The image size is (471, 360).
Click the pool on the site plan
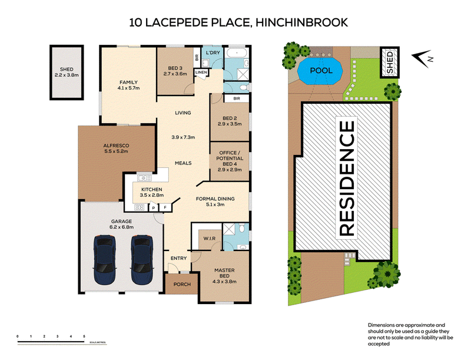coord(320,71)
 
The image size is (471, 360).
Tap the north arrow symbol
coord(423,58)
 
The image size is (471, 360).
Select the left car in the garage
coord(105,260)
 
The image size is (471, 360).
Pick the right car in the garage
coord(142,260)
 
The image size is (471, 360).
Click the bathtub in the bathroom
coord(237,54)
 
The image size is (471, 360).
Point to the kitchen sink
coord(144,177)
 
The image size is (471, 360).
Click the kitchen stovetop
coord(139,207)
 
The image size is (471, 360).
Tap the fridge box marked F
coord(165,207)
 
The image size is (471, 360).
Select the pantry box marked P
coord(154,207)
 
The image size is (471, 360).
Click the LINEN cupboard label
coord(201,72)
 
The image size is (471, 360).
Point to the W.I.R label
coord(210,238)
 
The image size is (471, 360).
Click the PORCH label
coord(182,284)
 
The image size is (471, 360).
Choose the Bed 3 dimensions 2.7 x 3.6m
coord(175,74)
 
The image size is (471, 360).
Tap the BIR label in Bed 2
coord(237,98)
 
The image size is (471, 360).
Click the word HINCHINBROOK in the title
coord(301,22)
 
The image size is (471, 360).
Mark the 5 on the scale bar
coord(84,336)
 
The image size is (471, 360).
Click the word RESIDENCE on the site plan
coord(347,178)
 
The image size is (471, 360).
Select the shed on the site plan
coord(390,62)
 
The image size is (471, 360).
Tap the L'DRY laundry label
coord(213,52)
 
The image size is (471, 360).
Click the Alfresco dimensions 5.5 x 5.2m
coord(116,151)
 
